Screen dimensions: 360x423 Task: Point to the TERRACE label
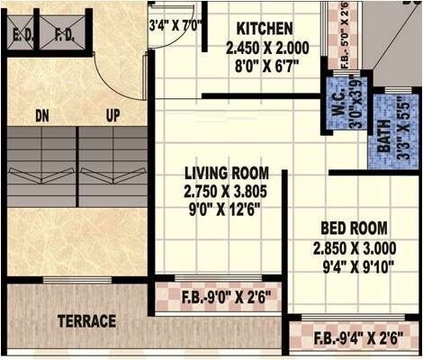point(87,320)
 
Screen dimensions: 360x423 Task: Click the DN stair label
point(41,115)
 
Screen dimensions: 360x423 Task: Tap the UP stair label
point(112,115)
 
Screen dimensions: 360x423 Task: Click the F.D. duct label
point(64,37)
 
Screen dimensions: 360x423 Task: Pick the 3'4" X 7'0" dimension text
point(176,27)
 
